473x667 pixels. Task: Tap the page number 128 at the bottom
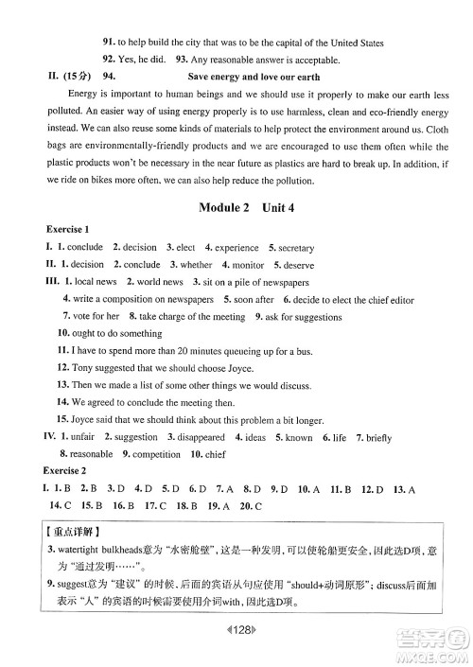point(236,629)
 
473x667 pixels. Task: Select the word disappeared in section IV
point(201,437)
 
